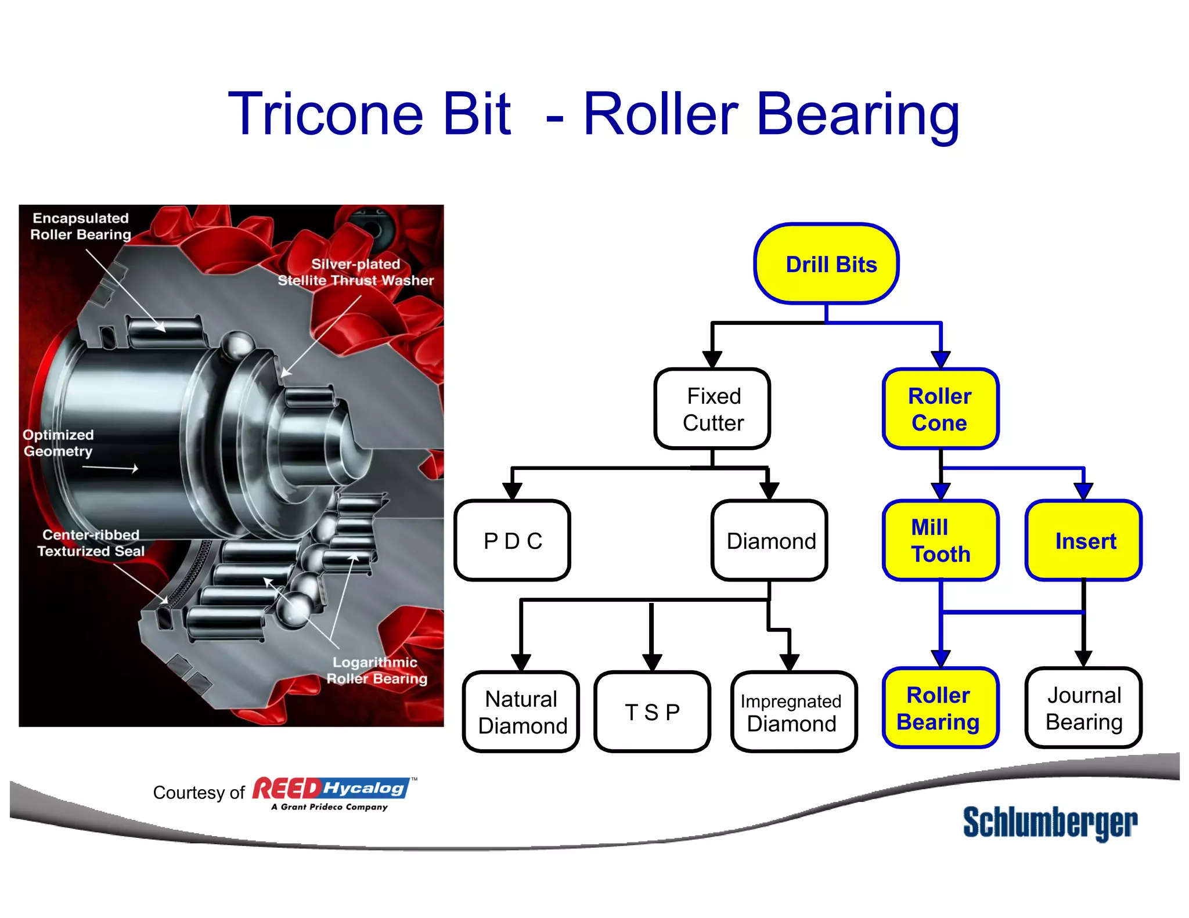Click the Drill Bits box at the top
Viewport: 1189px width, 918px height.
[826, 264]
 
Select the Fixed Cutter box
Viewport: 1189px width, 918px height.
[712, 409]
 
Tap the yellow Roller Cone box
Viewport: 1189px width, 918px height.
[940, 409]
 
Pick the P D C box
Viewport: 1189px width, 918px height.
[512, 541]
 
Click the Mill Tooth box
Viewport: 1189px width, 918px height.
[940, 541]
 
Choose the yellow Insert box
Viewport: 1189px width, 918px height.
[1083, 541]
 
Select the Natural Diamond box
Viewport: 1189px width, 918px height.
[521, 712]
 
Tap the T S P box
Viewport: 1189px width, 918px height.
[652, 712]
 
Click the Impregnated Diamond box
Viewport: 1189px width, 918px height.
[793, 712]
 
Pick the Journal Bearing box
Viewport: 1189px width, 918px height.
[1083, 709]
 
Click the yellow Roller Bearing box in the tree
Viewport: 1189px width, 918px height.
[940, 709]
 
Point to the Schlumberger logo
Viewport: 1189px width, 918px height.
[1050, 822]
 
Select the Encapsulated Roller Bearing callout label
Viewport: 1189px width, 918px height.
[81, 226]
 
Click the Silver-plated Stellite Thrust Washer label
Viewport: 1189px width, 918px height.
[355, 272]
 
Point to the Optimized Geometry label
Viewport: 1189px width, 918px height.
[58, 443]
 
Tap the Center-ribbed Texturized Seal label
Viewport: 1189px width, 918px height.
[91, 543]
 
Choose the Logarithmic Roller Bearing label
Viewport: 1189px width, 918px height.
[376, 670]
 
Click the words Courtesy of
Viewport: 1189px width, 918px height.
[199, 793]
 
